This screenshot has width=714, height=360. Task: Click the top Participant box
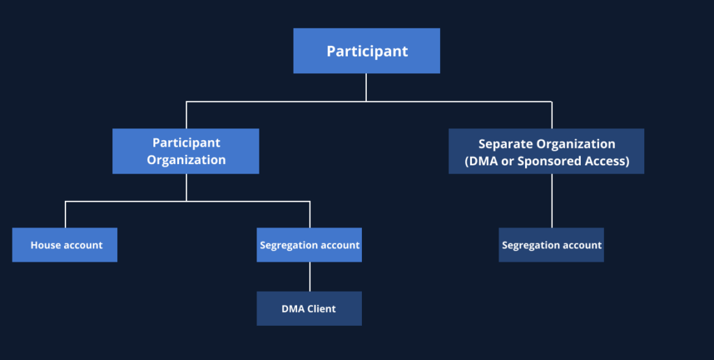[366, 51]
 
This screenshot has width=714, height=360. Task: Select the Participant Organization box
[185, 151]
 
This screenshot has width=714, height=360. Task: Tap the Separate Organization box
[546, 151]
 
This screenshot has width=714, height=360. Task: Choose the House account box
[65, 245]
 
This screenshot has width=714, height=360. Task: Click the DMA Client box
[309, 308]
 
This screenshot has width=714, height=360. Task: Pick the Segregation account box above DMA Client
[309, 245]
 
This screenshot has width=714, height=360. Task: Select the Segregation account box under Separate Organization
[551, 245]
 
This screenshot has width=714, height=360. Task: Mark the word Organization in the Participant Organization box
[186, 160]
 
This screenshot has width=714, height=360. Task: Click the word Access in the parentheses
[607, 161]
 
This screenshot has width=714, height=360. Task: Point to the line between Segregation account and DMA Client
[310, 277]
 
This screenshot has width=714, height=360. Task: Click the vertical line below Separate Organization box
[552, 201]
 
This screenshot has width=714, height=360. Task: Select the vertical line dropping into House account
[66, 215]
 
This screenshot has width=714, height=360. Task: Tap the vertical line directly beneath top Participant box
[366, 87]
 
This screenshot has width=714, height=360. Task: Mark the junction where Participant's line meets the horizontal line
[366, 102]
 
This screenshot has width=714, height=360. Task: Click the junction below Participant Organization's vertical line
[186, 202]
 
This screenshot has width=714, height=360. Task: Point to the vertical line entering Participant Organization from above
[186, 115]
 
